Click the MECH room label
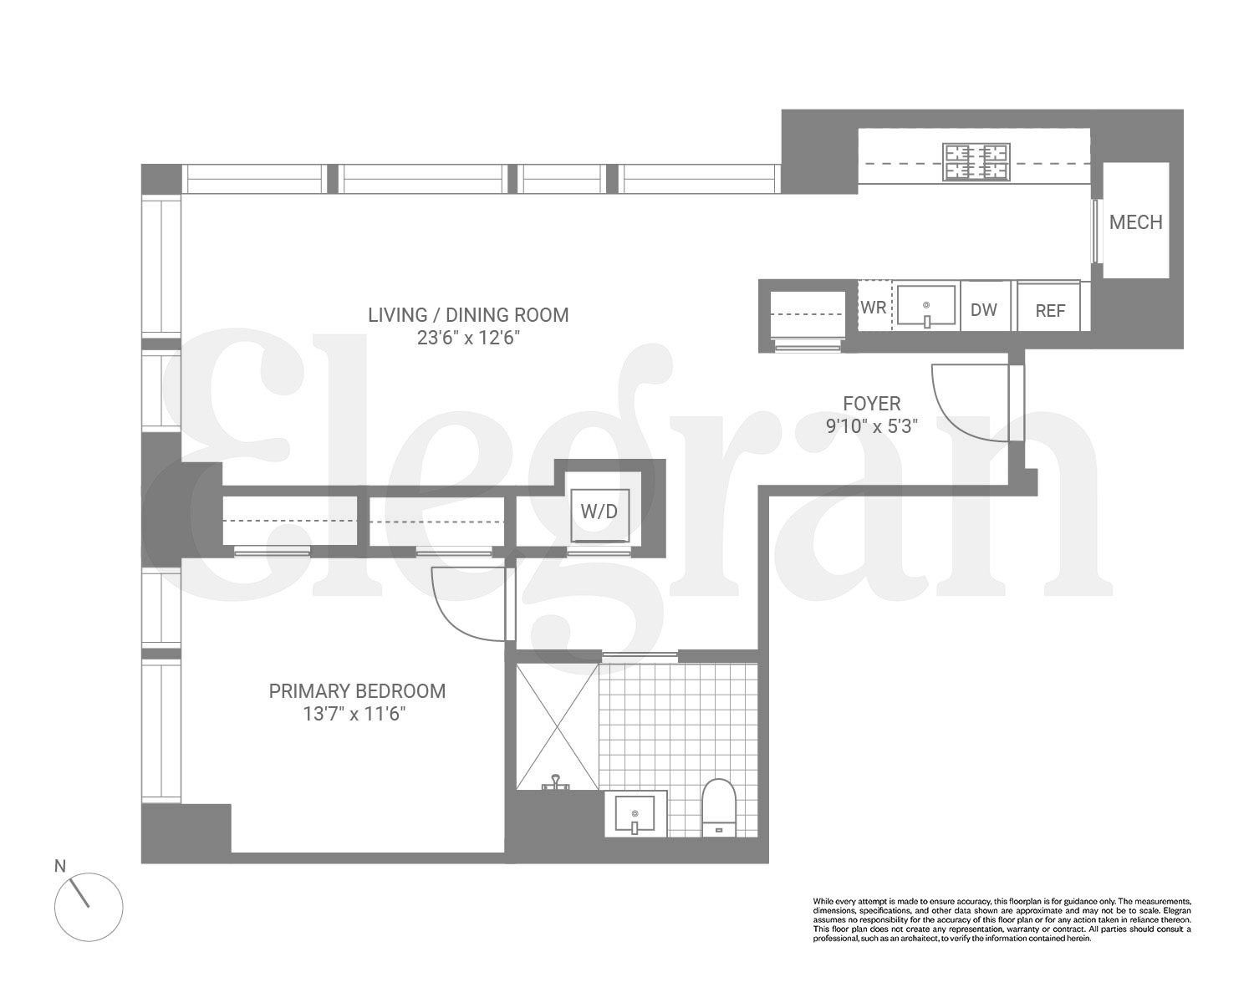pos(1135,221)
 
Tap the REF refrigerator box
pos(1050,309)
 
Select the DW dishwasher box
pos(984,308)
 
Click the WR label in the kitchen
pos(874,307)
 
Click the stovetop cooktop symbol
pos(976,162)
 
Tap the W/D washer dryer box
pos(599,512)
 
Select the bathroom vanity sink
pos(635,813)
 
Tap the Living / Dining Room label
pos(468,315)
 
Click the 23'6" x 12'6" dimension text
pos(468,338)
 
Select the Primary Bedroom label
pos(357,691)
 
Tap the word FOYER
pos(872,404)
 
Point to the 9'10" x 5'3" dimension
pos(872,426)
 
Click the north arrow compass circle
pos(89,907)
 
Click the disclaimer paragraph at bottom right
pos(1002,919)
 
